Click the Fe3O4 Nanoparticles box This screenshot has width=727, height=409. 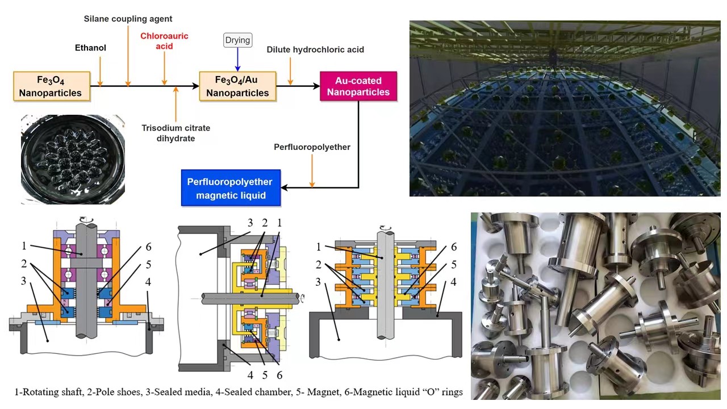(x=52, y=86)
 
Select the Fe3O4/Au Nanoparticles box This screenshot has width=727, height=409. (x=237, y=86)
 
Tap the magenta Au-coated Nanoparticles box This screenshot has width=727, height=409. (x=358, y=86)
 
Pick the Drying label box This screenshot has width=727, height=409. (x=237, y=40)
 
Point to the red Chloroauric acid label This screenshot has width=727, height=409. (x=164, y=41)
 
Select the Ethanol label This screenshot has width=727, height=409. (x=90, y=48)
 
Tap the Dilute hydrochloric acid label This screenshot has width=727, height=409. (x=315, y=49)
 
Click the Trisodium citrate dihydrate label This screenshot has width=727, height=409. (x=176, y=133)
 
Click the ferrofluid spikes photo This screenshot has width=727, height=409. (x=73, y=159)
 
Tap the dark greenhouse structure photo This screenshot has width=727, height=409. (x=565, y=108)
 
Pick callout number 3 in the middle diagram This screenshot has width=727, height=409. (x=250, y=223)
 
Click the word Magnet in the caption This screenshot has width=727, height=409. (x=307, y=392)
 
